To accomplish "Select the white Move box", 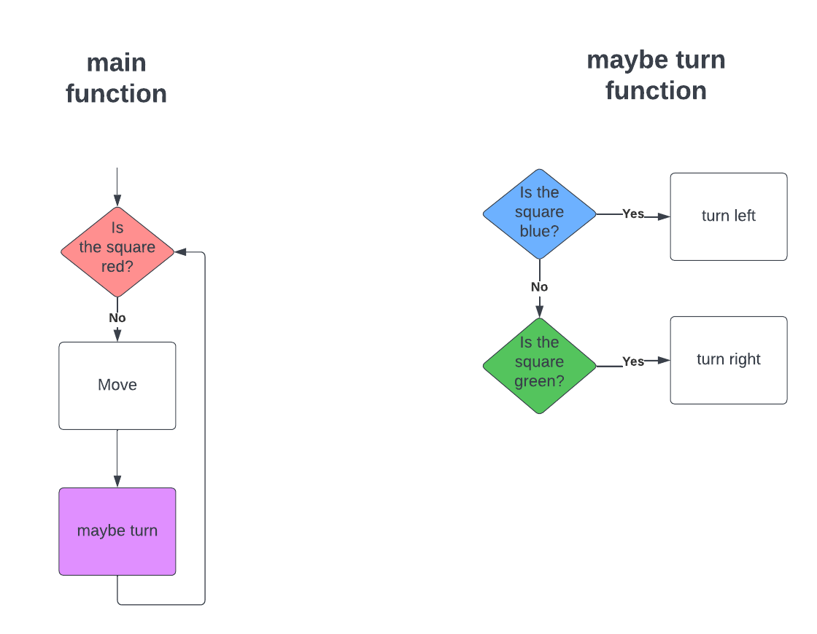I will (x=117, y=386).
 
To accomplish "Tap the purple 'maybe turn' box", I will (x=117, y=531).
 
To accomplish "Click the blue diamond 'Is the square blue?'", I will (x=540, y=214).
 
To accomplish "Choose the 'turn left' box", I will (x=729, y=216).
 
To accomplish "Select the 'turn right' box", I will (x=729, y=360).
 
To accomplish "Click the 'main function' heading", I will (x=117, y=79).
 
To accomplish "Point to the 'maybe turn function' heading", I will (x=656, y=76).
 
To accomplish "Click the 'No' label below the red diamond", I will (x=117, y=318).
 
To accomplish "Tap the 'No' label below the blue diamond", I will (x=540, y=287).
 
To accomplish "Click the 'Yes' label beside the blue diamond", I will (x=633, y=214).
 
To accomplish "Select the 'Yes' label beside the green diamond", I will (x=633, y=361).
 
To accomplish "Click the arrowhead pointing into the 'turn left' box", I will (x=663, y=216).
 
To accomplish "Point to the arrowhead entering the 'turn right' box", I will (x=663, y=360).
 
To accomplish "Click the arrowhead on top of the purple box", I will (x=117, y=481).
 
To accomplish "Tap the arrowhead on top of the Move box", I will (x=117, y=335).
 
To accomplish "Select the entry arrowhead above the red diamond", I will (x=117, y=200).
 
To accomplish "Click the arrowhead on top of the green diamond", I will (x=540, y=312).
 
